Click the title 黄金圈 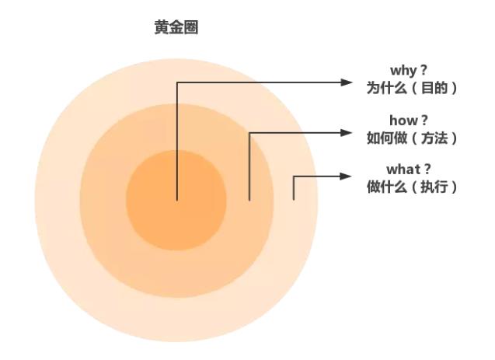176,27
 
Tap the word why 403,71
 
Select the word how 403,121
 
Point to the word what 403,170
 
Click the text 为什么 387,88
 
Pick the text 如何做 387,138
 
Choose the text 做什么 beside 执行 387,187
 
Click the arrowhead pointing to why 347,82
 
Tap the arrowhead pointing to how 347,133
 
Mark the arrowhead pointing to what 346,177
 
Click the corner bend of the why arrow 177,82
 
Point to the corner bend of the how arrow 249,133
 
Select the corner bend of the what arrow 294,177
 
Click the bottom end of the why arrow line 177,200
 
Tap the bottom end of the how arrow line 249,200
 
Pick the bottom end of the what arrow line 294,200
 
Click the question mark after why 424,70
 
